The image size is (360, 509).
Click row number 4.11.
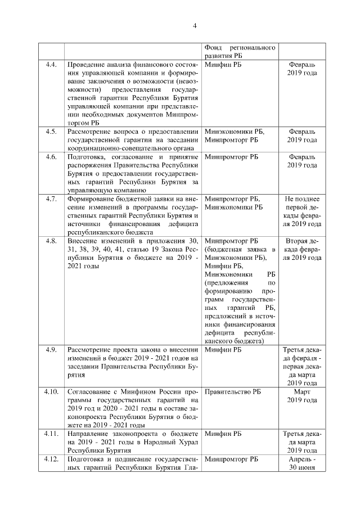click(51, 434)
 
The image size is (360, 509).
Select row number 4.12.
click(51, 459)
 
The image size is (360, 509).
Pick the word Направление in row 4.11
click(88, 434)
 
